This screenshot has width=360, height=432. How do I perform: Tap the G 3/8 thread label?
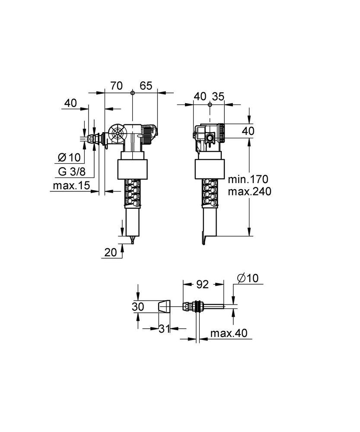coord(72,172)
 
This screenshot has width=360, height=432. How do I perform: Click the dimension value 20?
coord(111,252)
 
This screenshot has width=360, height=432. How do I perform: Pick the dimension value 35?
coord(219,97)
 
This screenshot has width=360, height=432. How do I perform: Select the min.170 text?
coord(248,178)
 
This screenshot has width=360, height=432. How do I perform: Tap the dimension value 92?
coord(202,284)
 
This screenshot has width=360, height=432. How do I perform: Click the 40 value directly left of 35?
coord(200,97)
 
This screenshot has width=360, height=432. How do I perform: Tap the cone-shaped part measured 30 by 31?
coord(164,306)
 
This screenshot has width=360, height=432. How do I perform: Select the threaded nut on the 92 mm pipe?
coord(198,306)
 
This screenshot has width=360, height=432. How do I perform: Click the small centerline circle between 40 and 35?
coord(210,104)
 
